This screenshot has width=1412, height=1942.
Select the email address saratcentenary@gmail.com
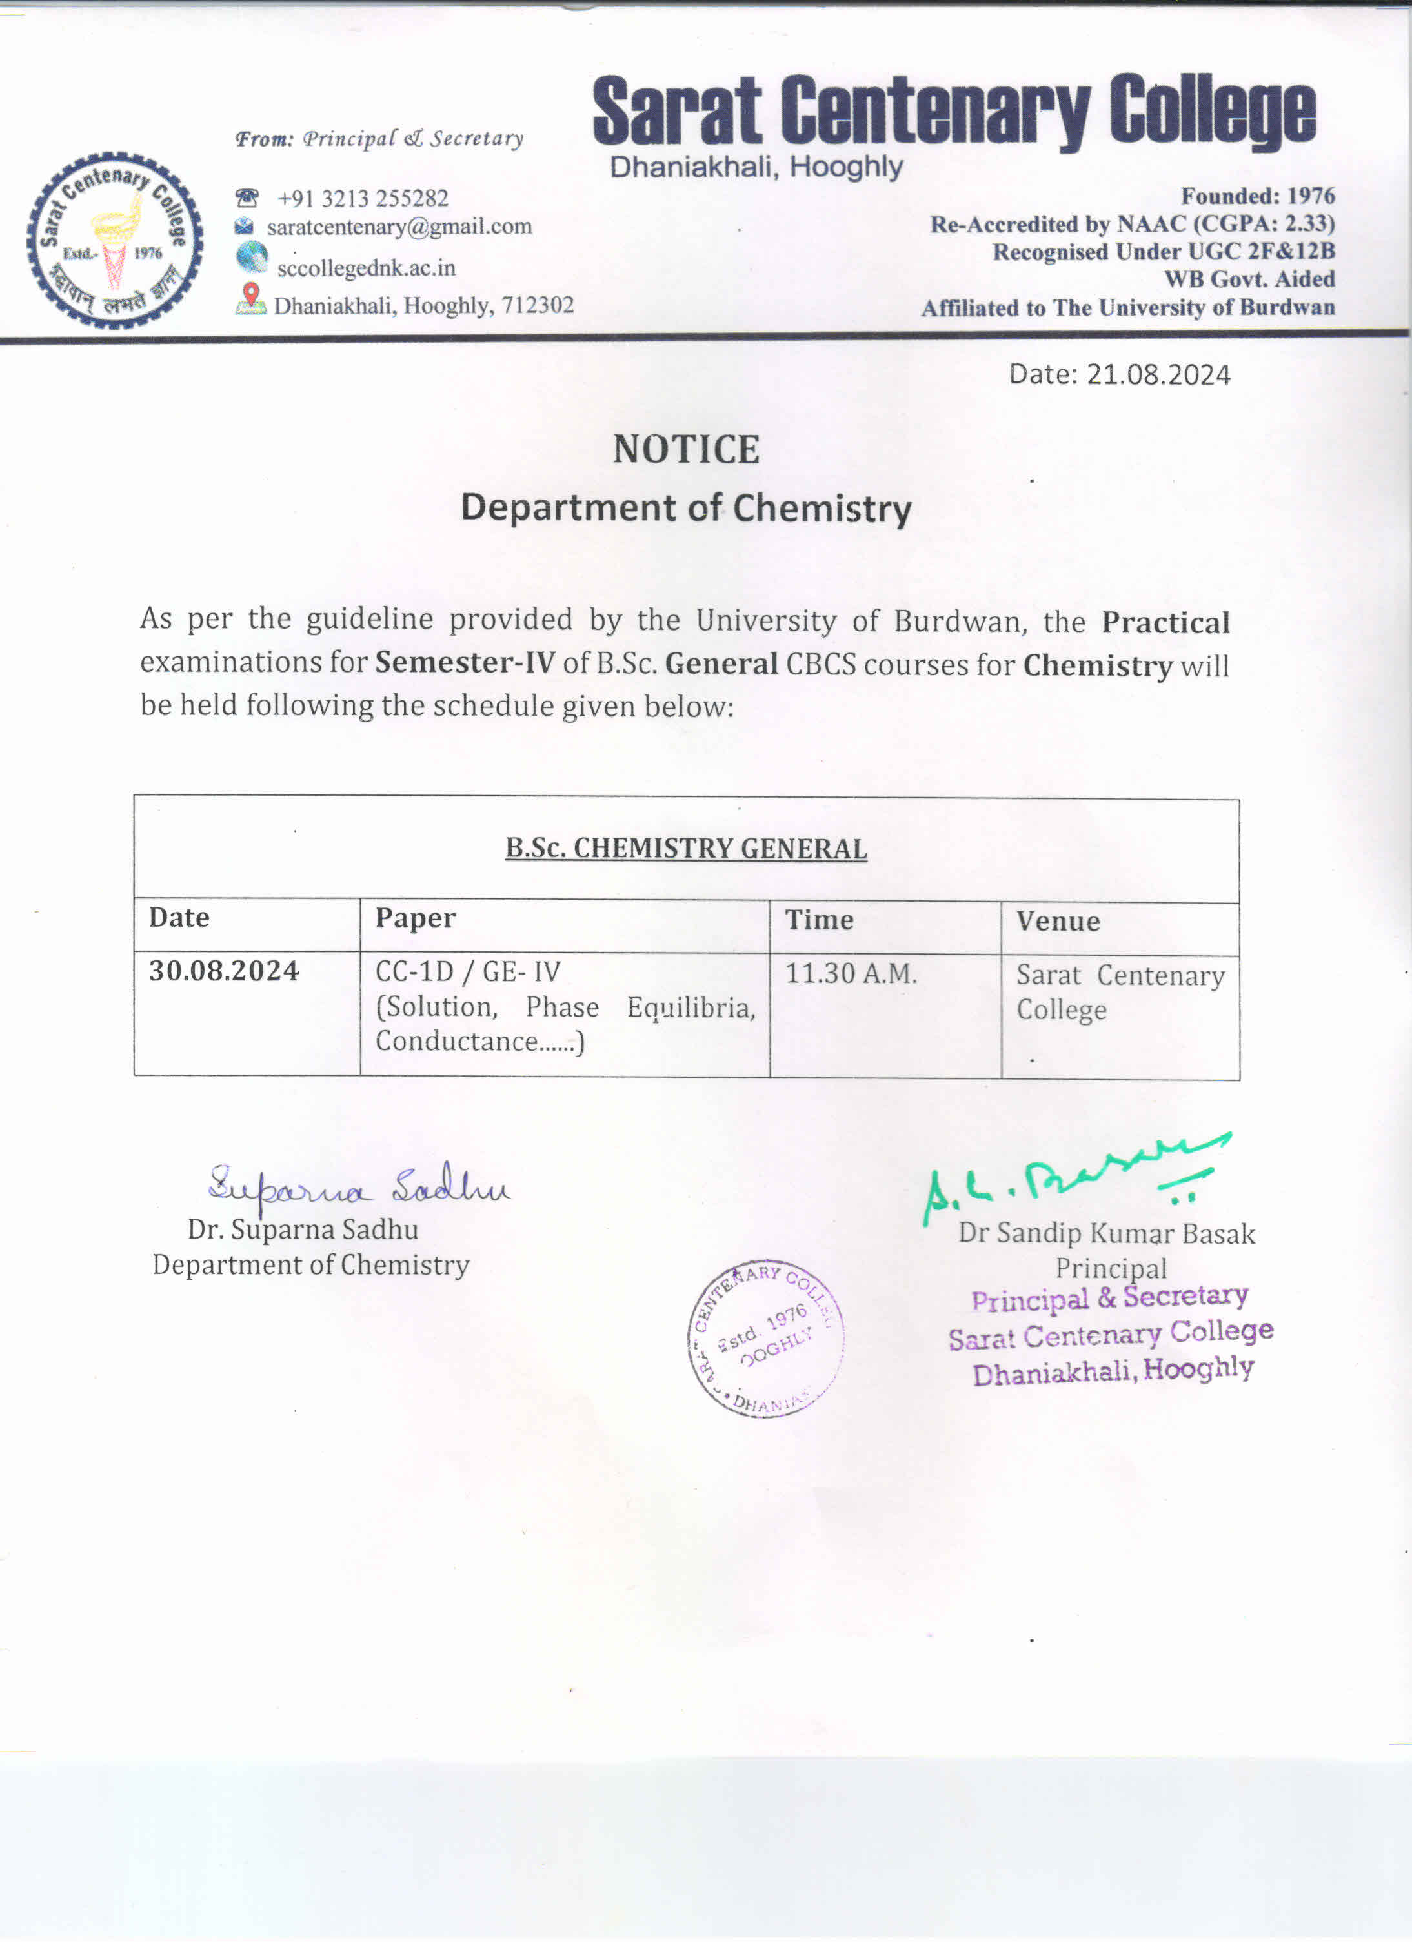[x=399, y=227]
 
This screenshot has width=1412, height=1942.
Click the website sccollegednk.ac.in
[x=366, y=268]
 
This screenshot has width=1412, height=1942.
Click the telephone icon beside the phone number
[x=247, y=197]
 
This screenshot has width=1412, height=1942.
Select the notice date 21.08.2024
[x=1158, y=375]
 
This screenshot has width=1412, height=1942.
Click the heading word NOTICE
[x=686, y=450]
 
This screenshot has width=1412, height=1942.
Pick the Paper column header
[x=416, y=918]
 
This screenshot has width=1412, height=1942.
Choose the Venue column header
[x=1058, y=922]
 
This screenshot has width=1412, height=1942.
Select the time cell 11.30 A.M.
[x=851, y=973]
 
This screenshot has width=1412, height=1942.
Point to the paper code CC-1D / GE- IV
[x=467, y=972]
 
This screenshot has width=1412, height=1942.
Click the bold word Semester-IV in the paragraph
[x=465, y=663]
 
